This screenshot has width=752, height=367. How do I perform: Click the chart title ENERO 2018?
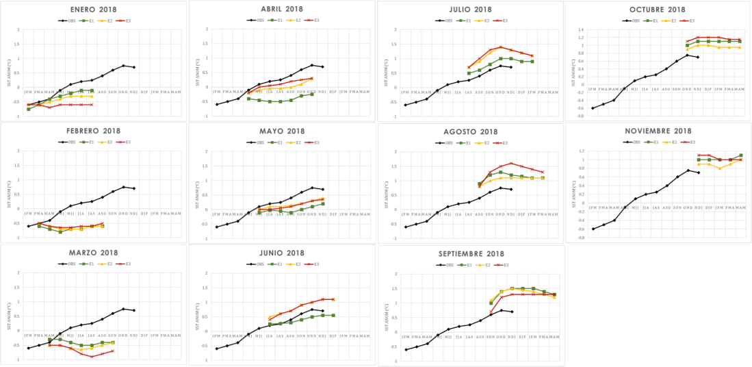94,10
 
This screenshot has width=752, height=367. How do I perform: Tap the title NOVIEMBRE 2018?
658,131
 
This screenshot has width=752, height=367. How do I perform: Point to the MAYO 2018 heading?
282,131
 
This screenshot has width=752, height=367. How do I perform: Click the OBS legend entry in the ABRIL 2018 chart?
255,21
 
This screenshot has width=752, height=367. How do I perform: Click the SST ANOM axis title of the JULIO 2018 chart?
386,66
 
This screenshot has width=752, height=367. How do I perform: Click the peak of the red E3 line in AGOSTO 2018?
510,163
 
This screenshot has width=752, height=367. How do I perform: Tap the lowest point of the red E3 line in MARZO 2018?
92,357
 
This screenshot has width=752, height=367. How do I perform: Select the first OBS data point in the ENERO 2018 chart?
28,105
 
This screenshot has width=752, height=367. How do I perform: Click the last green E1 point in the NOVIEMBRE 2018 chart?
740,155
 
